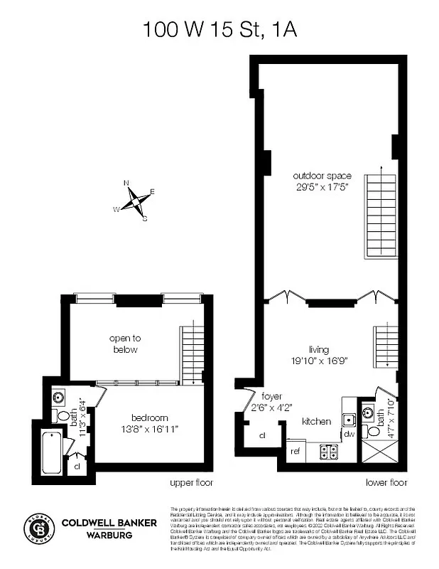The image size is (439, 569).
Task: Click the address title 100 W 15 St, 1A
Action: click(x=218, y=29)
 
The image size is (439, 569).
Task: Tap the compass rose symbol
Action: click(x=134, y=201)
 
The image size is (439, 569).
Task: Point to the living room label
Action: click(x=320, y=349)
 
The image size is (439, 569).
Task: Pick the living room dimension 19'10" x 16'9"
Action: click(x=320, y=361)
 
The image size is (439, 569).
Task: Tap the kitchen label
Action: click(x=316, y=421)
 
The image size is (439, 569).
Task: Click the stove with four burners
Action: click(x=329, y=450)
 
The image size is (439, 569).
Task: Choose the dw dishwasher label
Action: click(x=349, y=433)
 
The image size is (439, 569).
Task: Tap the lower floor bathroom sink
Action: click(x=368, y=410)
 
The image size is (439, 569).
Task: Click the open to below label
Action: click(x=123, y=344)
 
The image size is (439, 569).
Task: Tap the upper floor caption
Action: click(x=191, y=483)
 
